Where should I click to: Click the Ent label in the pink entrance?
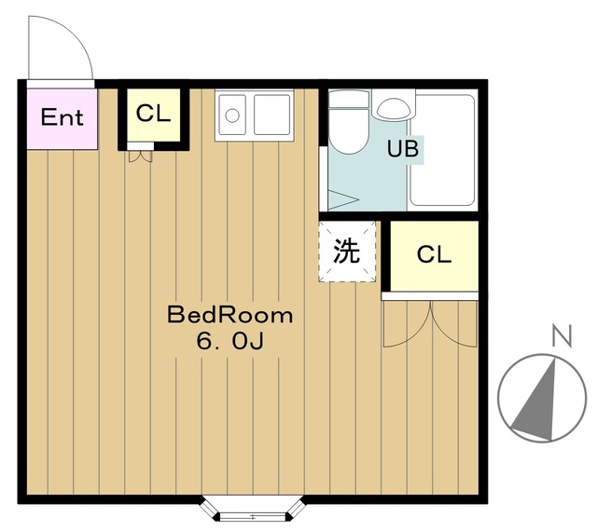click(62, 117)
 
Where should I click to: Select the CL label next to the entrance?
click(153, 114)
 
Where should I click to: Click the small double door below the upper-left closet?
click(141, 155)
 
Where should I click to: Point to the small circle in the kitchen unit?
click(230, 117)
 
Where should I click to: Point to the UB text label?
click(403, 148)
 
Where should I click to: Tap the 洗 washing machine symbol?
click(347, 251)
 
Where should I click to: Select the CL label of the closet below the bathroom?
click(434, 255)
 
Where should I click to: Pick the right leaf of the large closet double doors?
click(455, 323)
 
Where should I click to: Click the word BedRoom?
click(229, 315)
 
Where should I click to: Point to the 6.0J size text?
click(229, 342)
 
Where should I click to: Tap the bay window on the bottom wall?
click(254, 512)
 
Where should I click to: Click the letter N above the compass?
click(560, 336)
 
